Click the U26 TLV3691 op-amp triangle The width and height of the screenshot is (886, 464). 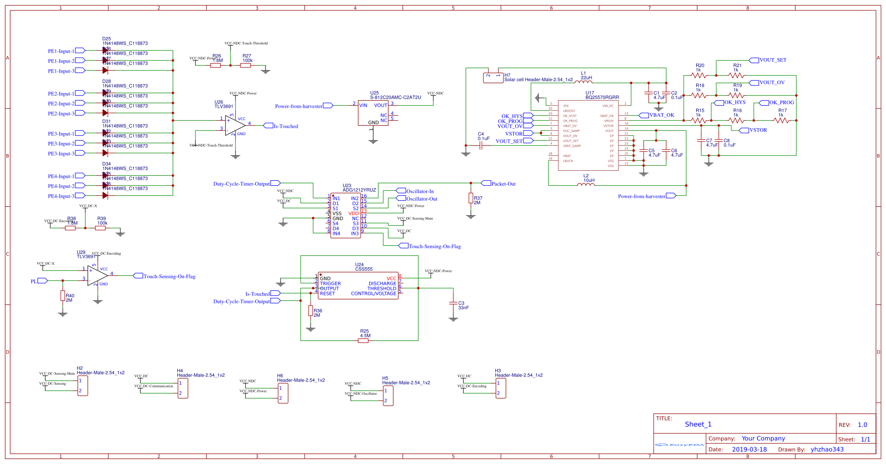pyautogui.click(x=234, y=126)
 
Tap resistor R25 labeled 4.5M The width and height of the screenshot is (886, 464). pyautogui.click(x=364, y=340)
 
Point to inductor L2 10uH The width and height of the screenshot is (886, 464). pyautogui.click(x=586, y=185)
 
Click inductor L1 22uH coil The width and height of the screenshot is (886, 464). pyautogui.click(x=583, y=82)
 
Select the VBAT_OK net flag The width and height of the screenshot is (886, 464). pyautogui.click(x=661, y=115)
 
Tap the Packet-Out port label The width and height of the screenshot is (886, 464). pyautogui.click(x=503, y=184)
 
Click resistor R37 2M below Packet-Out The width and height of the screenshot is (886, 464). pyautogui.click(x=471, y=198)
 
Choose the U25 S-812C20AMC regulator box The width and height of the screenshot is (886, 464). pyautogui.click(x=373, y=113)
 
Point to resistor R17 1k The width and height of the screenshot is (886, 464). pyautogui.click(x=781, y=120)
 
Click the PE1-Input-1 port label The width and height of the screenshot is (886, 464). pyautogui.click(x=61, y=51)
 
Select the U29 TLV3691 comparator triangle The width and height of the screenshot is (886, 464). pyautogui.click(x=97, y=276)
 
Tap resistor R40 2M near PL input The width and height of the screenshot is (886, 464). pyautogui.click(x=63, y=295)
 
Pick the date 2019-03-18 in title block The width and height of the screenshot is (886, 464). pyautogui.click(x=749, y=449)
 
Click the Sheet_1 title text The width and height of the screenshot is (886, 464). pyautogui.click(x=698, y=424)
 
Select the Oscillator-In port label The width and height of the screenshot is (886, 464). pyautogui.click(x=419, y=191)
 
